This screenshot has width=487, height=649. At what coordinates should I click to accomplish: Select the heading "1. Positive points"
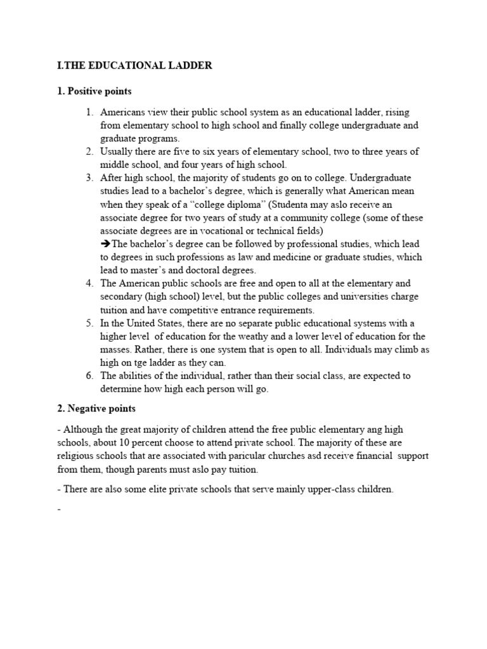[x=94, y=92]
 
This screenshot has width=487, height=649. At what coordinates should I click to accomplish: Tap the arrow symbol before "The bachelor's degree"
[x=106, y=244]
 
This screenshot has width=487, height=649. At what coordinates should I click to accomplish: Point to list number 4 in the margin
[x=90, y=283]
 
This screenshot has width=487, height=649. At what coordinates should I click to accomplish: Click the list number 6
[x=90, y=376]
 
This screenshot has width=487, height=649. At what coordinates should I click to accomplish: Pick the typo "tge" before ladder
[x=139, y=363]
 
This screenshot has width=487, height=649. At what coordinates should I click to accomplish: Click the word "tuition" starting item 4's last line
[x=115, y=310]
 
